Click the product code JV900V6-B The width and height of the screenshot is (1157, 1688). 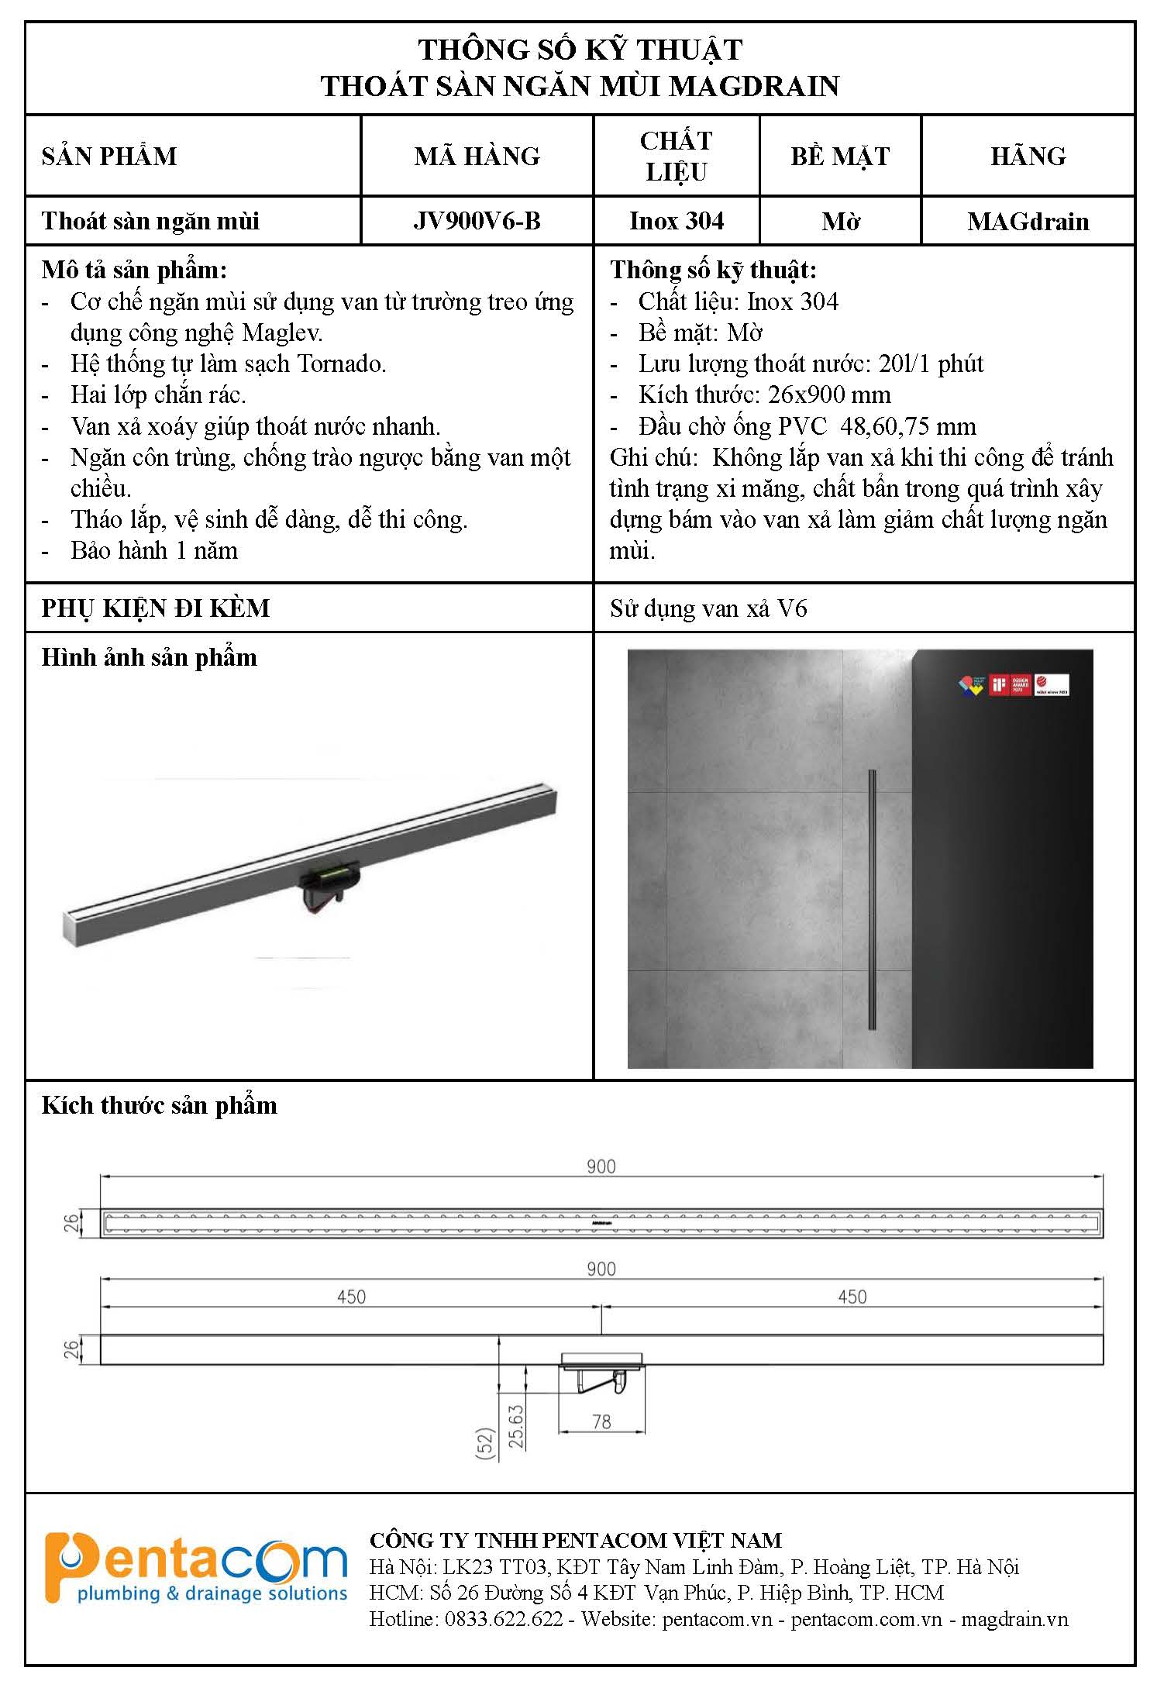tap(477, 221)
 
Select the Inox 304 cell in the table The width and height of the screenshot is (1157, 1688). tap(677, 221)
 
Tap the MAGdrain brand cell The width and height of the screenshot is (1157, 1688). tap(1028, 222)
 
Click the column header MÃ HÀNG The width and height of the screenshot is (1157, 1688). tap(477, 156)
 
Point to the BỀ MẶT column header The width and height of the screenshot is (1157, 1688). tap(840, 156)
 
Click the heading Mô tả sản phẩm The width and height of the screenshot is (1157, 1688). tap(134, 270)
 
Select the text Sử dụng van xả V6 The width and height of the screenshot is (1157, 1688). tap(708, 608)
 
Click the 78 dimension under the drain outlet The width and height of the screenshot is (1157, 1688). tap(601, 1422)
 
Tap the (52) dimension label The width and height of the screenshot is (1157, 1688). tap(486, 1443)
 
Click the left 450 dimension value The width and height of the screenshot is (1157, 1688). tap(351, 1297)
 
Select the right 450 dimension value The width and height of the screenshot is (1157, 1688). tap(852, 1297)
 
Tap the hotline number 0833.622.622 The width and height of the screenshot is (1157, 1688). tap(502, 1619)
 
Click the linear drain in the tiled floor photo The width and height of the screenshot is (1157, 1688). tap(873, 901)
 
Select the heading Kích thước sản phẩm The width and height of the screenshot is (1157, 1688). tap(159, 1105)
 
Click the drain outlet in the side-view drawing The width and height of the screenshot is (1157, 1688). tap(601, 1374)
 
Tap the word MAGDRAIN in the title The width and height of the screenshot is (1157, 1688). tap(753, 86)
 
